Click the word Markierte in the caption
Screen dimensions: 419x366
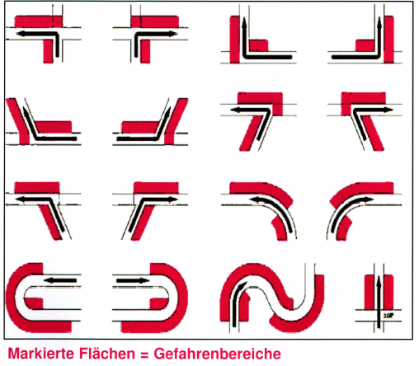click(42, 354)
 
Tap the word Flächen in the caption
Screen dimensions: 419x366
click(107, 354)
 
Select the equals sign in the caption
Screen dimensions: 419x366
click(144, 354)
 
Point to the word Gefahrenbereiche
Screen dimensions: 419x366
click(217, 354)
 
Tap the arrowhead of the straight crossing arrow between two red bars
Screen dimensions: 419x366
click(379, 279)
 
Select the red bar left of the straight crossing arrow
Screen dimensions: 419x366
click(370, 292)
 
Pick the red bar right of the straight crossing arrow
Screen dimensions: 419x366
click(388, 292)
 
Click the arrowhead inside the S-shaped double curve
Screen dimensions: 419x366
click(241, 286)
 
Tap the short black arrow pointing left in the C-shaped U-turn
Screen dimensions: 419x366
click(59, 280)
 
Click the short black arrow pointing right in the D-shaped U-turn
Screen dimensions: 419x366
click(133, 280)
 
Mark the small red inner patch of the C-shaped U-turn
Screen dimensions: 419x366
click(35, 303)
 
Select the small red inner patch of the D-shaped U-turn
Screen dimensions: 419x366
click(158, 303)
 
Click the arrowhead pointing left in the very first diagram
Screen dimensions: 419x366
click(20, 34)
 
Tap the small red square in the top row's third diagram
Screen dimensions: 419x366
click(258, 45)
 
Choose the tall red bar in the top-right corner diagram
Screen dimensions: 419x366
click(388, 40)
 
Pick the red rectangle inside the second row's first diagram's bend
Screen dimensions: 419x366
click(53, 127)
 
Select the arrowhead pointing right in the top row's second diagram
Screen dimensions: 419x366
click(172, 34)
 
